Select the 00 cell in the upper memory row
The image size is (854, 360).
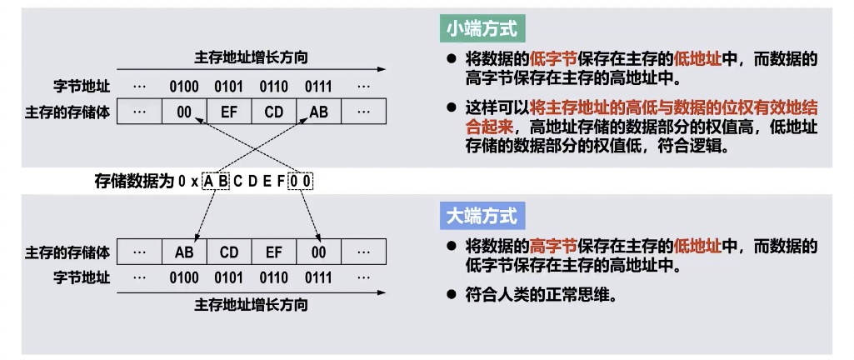(184, 112)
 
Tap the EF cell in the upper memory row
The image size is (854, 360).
(229, 112)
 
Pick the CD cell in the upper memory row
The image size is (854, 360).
(273, 112)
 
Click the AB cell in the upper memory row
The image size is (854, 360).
(318, 112)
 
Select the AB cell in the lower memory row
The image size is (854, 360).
(184, 251)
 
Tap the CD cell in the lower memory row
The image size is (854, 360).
(229, 251)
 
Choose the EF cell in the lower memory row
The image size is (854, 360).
(273, 251)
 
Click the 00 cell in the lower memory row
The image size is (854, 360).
(318, 251)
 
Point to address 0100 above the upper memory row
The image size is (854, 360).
(184, 86)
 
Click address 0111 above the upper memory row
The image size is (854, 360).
(318, 86)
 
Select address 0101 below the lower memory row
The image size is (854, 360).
(229, 277)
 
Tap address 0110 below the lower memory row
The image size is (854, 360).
(273, 277)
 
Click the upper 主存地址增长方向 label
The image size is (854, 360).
(251, 57)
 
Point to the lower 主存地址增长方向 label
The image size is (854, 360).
(251, 304)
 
